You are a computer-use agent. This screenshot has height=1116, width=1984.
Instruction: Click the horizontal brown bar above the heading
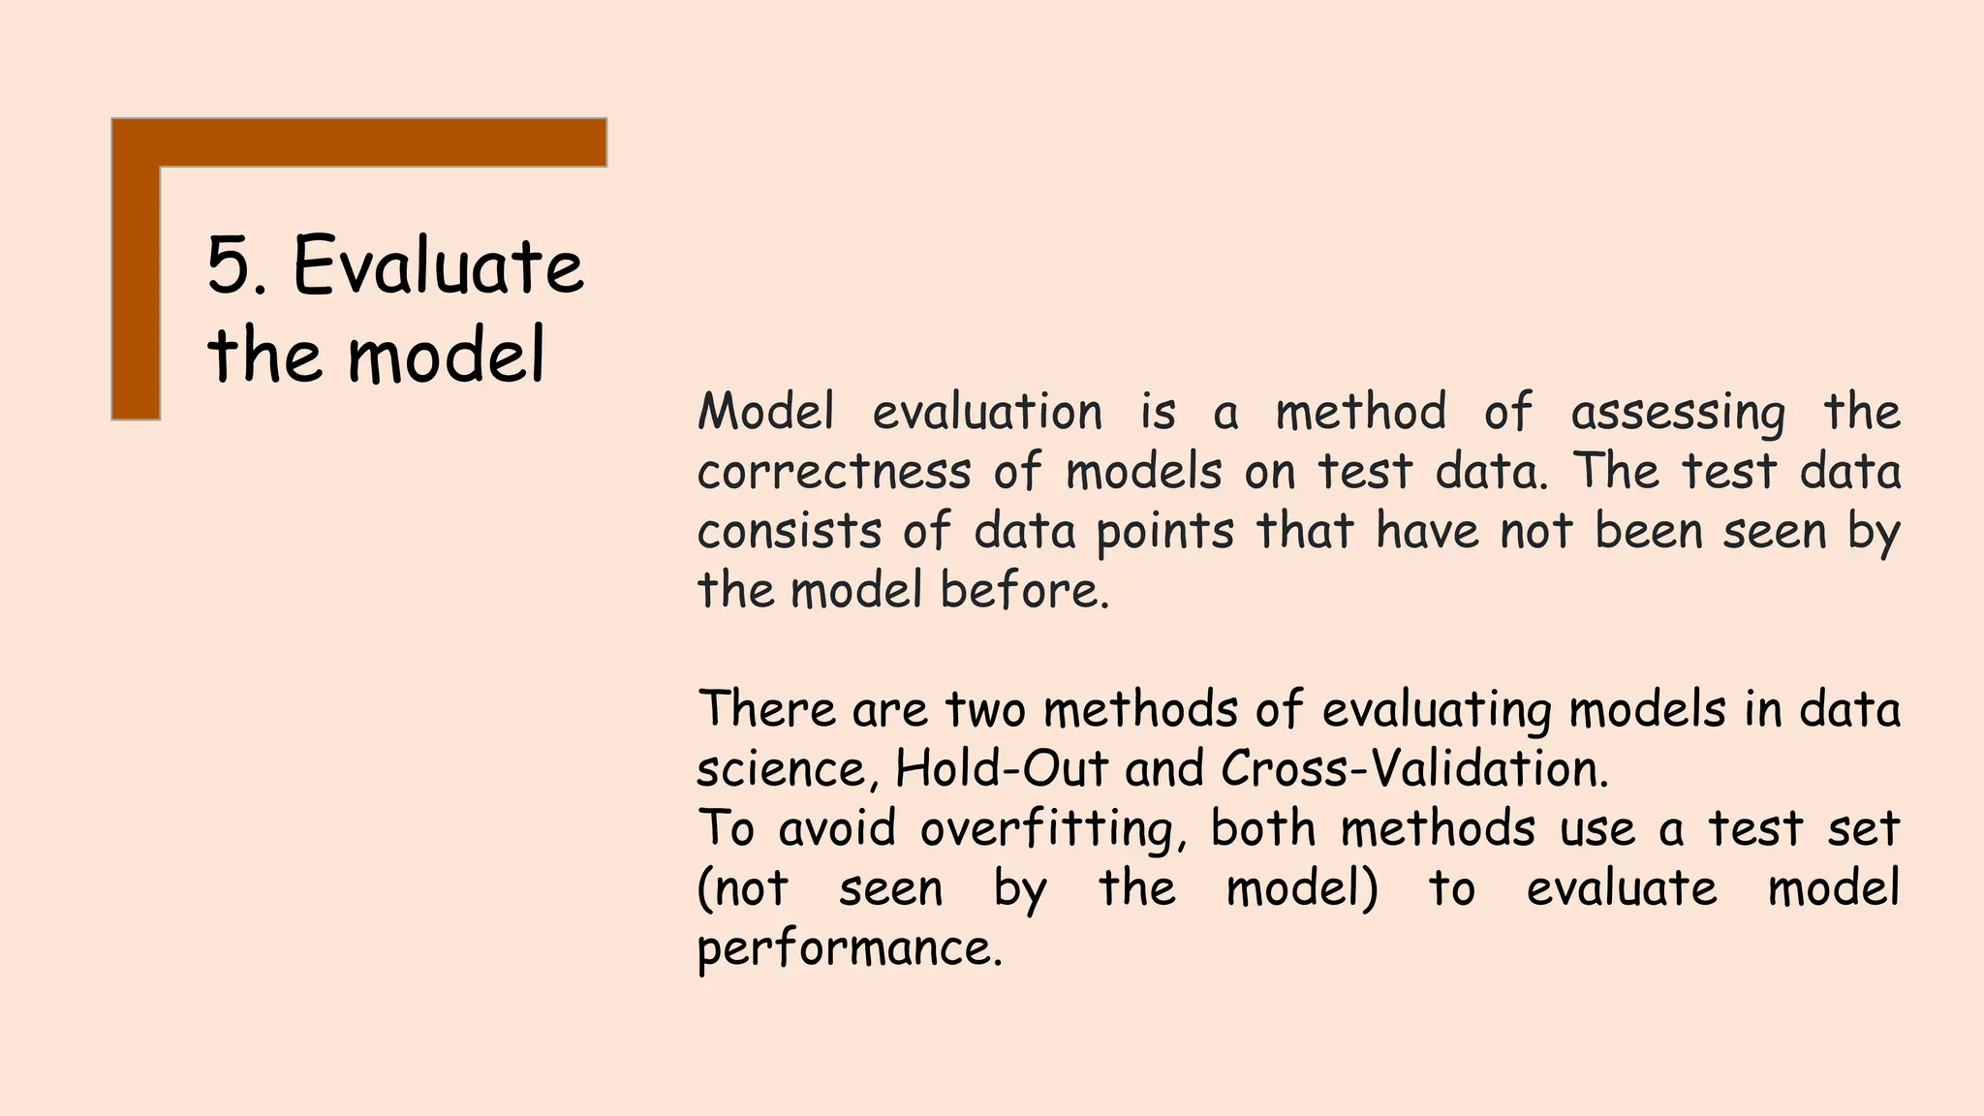378,142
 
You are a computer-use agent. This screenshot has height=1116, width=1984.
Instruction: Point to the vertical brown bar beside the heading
136,291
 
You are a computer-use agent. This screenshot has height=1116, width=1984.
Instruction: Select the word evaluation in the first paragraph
987,412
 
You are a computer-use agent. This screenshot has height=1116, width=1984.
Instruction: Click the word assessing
1677,414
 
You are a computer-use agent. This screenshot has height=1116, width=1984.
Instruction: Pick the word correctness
833,472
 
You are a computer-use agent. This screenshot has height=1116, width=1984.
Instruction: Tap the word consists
790,531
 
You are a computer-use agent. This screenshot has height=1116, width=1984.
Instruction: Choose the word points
1164,533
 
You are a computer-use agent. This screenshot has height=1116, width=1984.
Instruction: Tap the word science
781,769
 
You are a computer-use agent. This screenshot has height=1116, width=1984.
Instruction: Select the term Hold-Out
1001,768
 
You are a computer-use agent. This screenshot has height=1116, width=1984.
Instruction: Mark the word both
1262,828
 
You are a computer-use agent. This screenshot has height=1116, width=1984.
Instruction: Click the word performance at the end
848,948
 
